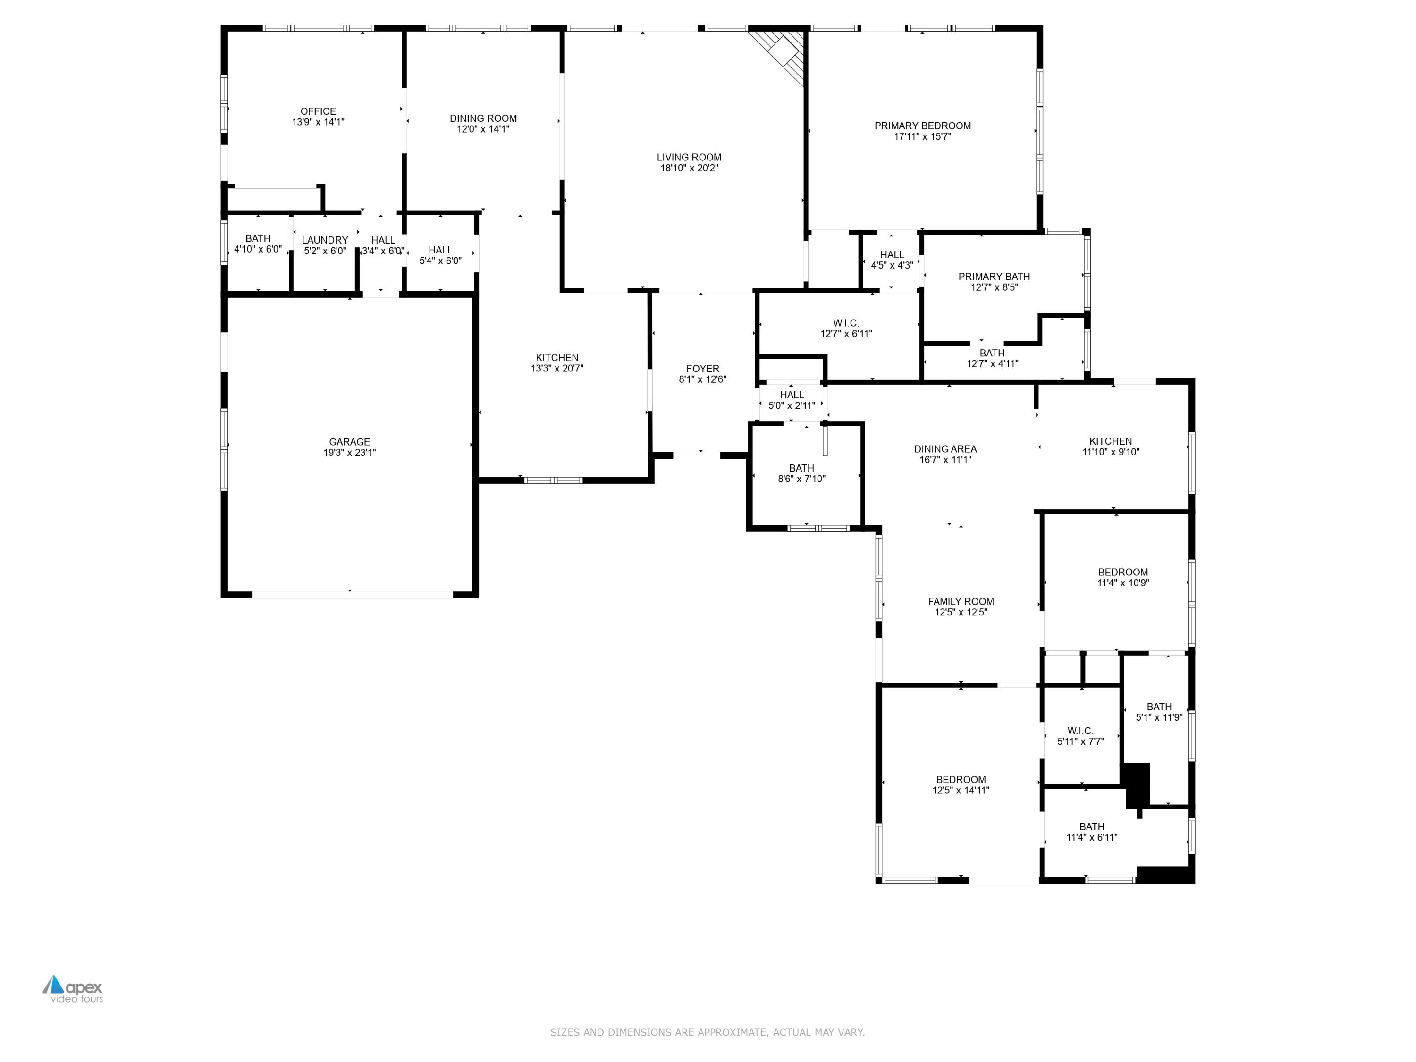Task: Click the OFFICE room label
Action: click(318, 111)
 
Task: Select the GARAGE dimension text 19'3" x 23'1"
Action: click(350, 453)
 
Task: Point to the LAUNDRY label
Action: click(325, 240)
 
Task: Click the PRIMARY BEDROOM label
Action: click(922, 126)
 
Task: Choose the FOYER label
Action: click(702, 369)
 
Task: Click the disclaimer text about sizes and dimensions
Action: click(708, 1032)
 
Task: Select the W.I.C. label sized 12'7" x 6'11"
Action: click(846, 323)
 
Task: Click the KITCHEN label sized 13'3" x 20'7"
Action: click(557, 358)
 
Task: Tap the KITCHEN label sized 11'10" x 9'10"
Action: click(1111, 441)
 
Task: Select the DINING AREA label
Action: click(945, 449)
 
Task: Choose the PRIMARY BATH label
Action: click(994, 277)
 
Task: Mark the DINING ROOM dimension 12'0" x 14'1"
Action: click(483, 129)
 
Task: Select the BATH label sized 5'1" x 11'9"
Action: click(1159, 707)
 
